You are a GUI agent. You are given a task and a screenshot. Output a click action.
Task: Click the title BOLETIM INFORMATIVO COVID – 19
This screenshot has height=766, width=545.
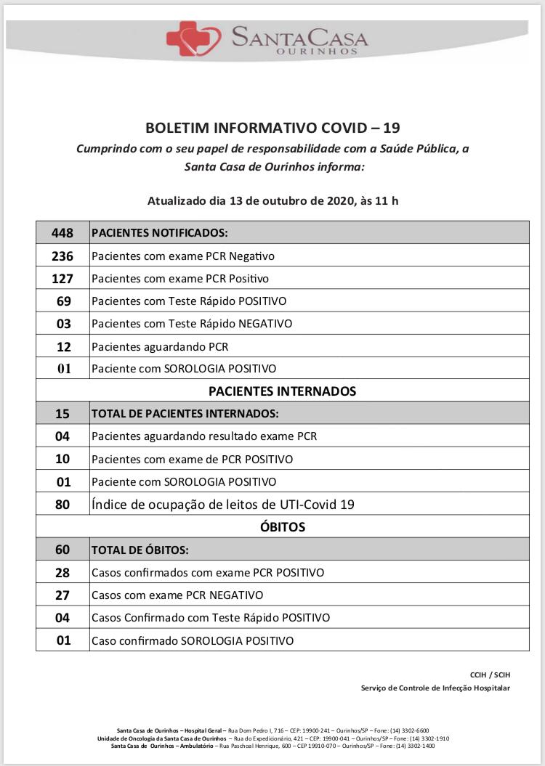[x=272, y=129]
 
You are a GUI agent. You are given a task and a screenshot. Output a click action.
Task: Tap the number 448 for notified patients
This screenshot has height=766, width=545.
[x=62, y=233]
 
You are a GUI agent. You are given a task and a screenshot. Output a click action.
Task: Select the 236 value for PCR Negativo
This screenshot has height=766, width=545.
[x=62, y=256]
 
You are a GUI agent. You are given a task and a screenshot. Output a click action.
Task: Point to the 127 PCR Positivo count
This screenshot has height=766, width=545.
[x=62, y=278]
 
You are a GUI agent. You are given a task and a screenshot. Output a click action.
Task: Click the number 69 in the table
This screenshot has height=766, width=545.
[x=62, y=301]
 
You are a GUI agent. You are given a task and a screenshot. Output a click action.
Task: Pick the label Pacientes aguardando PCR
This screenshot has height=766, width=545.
[x=160, y=346]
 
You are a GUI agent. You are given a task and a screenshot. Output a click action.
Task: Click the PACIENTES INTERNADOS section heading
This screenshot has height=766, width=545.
[x=282, y=391]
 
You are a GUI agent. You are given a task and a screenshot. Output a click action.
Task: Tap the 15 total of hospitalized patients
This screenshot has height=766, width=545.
[x=62, y=414]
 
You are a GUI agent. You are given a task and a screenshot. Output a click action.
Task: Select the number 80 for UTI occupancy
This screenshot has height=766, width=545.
[x=62, y=504]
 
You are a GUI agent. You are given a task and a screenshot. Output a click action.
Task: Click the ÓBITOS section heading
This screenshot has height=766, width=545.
[x=282, y=526]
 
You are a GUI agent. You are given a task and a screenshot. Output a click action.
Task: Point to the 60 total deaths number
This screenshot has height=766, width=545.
[x=62, y=550]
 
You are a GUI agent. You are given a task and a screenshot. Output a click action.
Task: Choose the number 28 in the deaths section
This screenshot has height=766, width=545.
[x=62, y=572]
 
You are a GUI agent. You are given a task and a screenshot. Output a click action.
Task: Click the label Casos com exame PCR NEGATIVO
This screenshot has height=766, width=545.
[x=177, y=595]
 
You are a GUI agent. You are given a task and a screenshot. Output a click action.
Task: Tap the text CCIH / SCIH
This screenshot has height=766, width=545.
[x=490, y=675]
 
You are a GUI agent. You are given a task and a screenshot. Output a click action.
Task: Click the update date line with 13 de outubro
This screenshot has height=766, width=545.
[x=272, y=200]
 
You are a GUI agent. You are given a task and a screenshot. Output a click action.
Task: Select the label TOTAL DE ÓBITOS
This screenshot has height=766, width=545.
[x=140, y=550]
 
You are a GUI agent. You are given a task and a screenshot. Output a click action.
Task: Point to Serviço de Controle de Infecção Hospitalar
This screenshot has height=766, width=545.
[x=435, y=688]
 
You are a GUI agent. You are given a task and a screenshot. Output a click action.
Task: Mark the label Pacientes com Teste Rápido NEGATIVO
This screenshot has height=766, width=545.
[x=192, y=324]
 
